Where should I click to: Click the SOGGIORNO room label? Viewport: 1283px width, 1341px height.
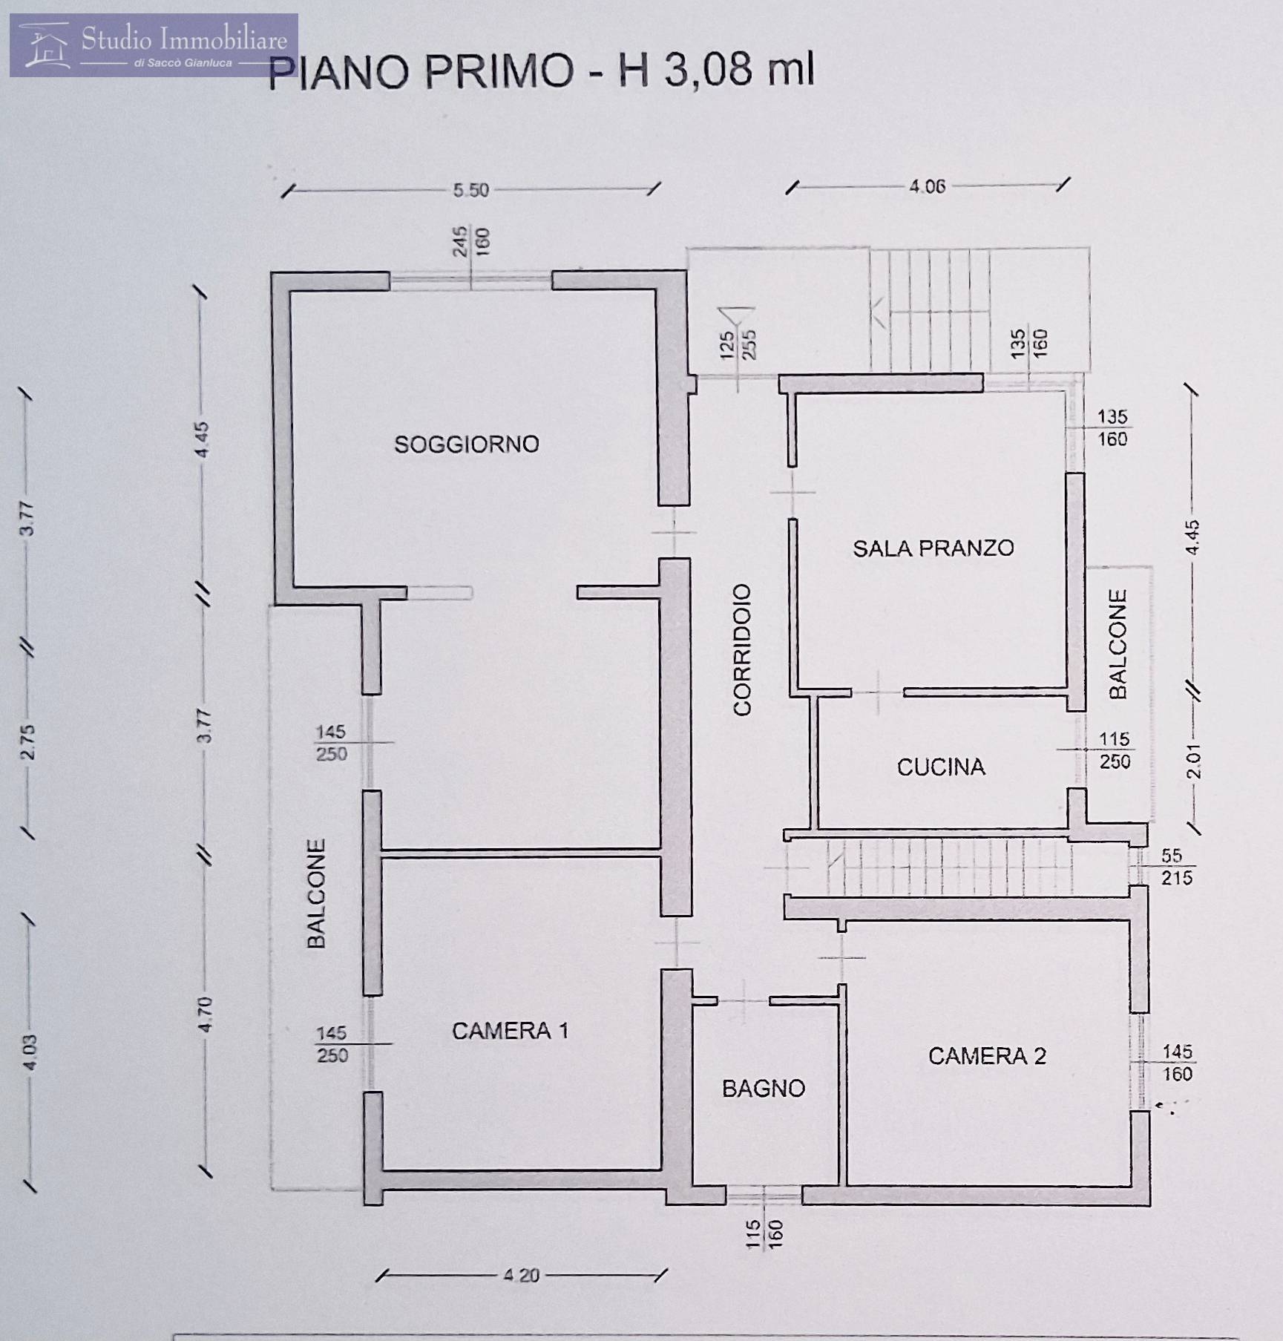click(x=466, y=445)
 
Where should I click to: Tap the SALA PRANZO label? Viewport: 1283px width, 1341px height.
click(x=933, y=548)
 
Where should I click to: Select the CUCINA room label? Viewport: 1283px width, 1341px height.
click(x=941, y=767)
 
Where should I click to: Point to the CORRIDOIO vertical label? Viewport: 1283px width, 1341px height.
click(x=742, y=649)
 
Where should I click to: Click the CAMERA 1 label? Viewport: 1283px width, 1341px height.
click(x=510, y=1031)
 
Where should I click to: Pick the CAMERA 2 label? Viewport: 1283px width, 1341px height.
click(x=987, y=1056)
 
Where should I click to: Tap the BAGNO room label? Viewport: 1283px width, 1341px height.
click(x=764, y=1089)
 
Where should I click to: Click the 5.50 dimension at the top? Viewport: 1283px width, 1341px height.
click(x=471, y=191)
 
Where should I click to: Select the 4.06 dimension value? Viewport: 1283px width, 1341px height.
click(x=928, y=186)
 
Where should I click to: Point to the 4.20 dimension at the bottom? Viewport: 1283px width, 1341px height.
click(x=521, y=1276)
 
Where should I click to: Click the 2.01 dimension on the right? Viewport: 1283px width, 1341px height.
click(x=1192, y=762)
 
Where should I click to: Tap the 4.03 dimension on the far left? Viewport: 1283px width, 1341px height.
click(x=29, y=1052)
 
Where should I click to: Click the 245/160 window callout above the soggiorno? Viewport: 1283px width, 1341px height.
click(x=470, y=241)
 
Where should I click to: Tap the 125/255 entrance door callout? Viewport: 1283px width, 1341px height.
click(x=738, y=345)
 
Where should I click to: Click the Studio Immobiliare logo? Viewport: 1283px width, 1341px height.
click(x=154, y=45)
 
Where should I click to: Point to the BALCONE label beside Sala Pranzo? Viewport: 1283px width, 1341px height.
click(x=1118, y=644)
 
